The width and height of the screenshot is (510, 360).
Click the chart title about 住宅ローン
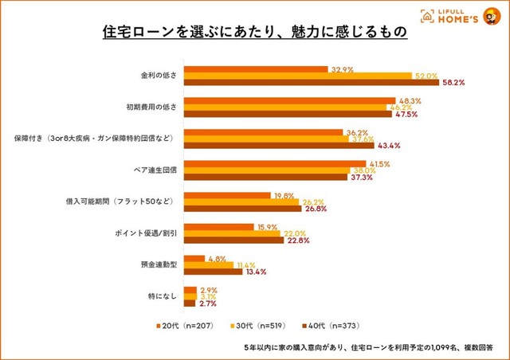[x=254, y=34]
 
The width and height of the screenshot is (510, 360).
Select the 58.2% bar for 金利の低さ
[x=312, y=82]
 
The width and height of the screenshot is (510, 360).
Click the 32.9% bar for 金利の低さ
[x=256, y=68]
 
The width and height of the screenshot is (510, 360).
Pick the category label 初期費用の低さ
[x=157, y=107]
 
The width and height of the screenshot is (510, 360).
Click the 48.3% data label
[x=409, y=100]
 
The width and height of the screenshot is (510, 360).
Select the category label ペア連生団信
[x=159, y=170]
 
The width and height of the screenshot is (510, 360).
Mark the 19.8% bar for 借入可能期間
[x=227, y=196]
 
